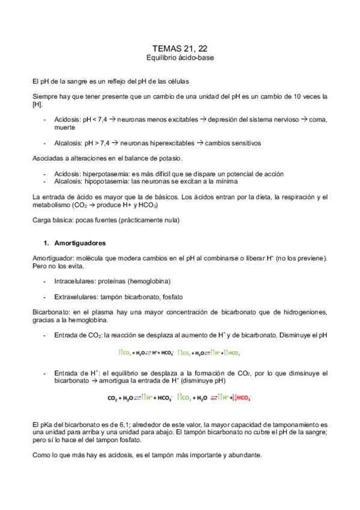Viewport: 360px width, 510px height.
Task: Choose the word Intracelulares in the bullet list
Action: pyautogui.click(x=75, y=281)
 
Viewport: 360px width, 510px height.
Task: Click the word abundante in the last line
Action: pyautogui.click(x=243, y=455)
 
